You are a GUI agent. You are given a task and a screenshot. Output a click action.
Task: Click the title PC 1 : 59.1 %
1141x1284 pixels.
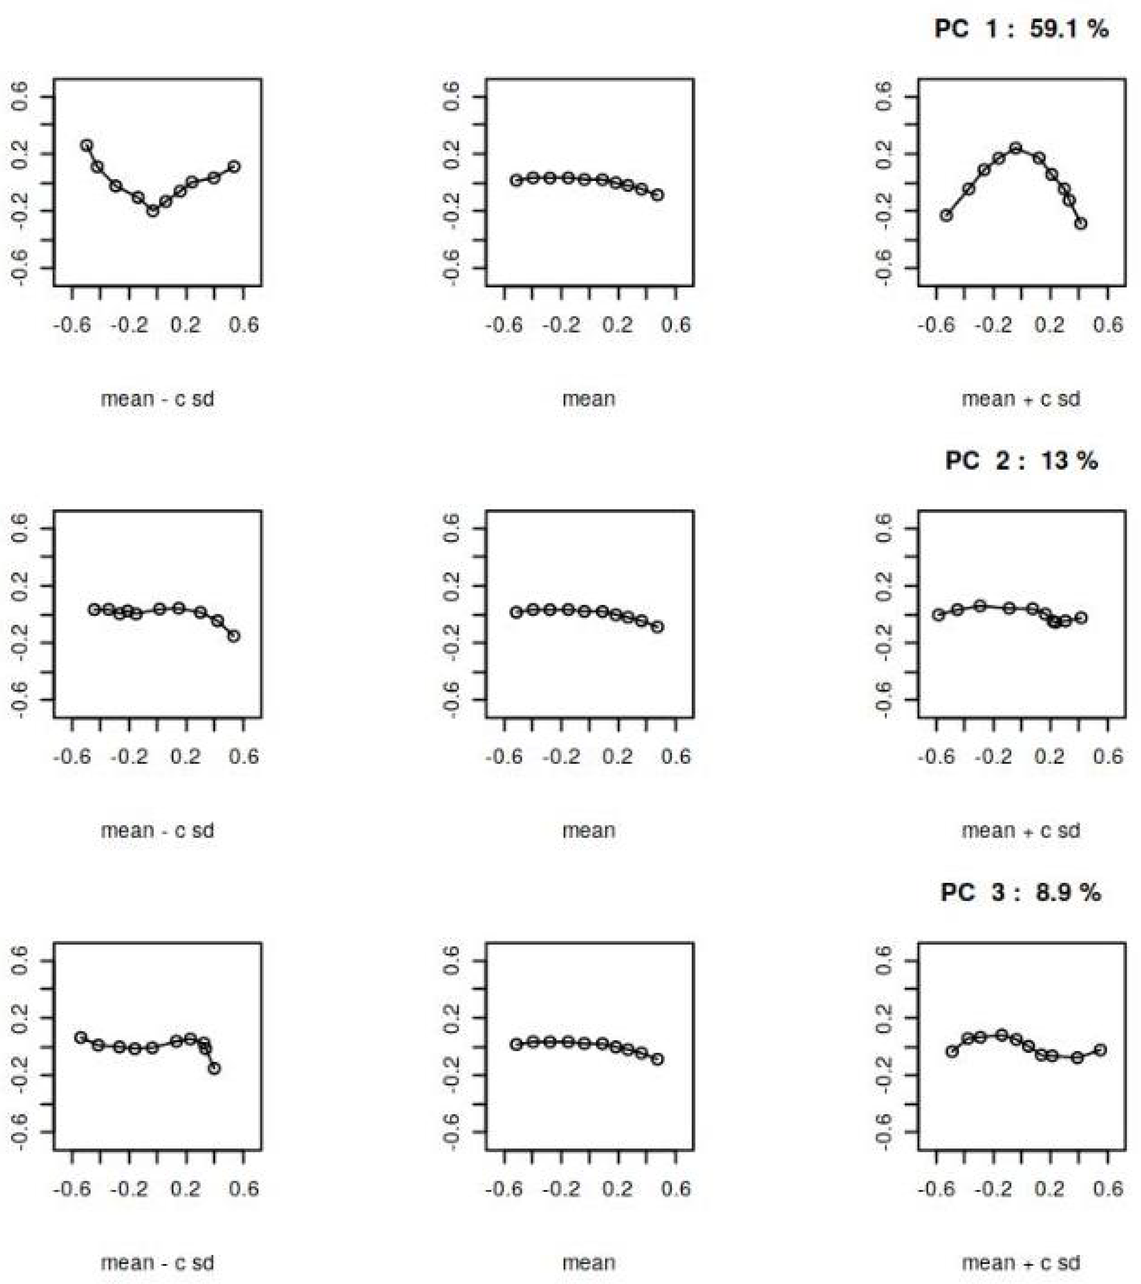[x=1021, y=29]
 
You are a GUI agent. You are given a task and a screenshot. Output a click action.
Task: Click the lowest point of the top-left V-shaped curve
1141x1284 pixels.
[x=153, y=211]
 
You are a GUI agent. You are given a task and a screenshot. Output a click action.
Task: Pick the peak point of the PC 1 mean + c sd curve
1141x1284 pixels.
[x=1016, y=148]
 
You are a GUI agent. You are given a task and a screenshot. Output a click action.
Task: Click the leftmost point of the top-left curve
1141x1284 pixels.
[x=87, y=145]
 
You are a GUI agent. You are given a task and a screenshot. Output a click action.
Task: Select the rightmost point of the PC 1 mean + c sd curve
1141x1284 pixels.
[x=1081, y=223]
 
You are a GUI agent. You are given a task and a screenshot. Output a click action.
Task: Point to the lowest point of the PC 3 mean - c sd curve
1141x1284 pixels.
[x=214, y=1068]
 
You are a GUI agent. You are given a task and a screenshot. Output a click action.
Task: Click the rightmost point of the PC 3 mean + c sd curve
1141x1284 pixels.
[x=1100, y=1050]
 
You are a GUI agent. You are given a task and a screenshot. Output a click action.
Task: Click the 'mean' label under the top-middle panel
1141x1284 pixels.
[x=589, y=398]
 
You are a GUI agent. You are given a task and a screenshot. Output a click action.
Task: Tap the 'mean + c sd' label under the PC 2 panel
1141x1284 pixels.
[x=1021, y=830]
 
